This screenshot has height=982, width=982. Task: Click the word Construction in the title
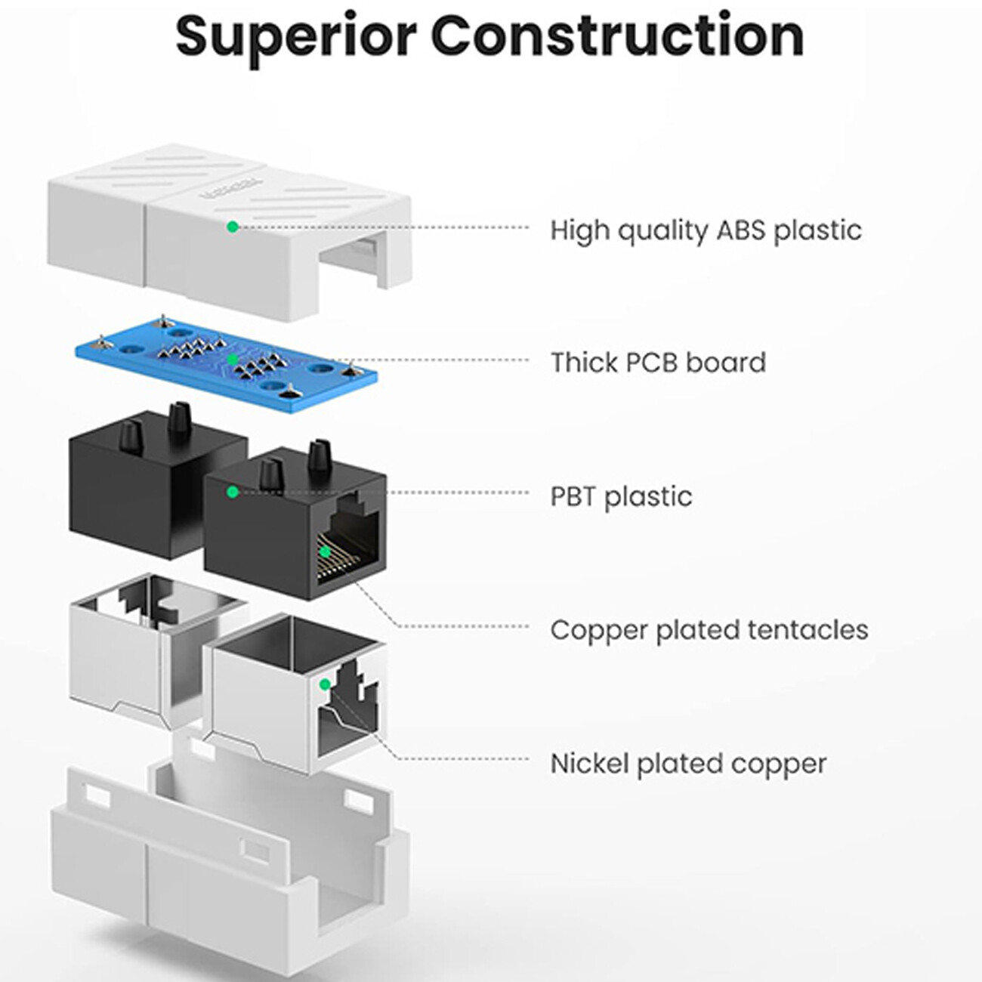(x=618, y=35)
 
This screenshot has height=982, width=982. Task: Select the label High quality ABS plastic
(x=706, y=230)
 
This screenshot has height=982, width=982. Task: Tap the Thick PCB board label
(x=658, y=363)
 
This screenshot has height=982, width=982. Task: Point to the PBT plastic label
(x=621, y=496)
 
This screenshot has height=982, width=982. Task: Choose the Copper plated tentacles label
(x=709, y=630)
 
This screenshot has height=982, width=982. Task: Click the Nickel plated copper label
(x=688, y=764)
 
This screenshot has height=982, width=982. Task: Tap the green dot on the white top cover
(x=233, y=226)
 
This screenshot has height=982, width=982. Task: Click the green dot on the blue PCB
(x=233, y=360)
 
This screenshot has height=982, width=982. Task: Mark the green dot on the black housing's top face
(x=233, y=492)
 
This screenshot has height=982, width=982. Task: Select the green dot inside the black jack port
(x=325, y=551)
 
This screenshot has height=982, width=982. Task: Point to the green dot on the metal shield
(x=325, y=684)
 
